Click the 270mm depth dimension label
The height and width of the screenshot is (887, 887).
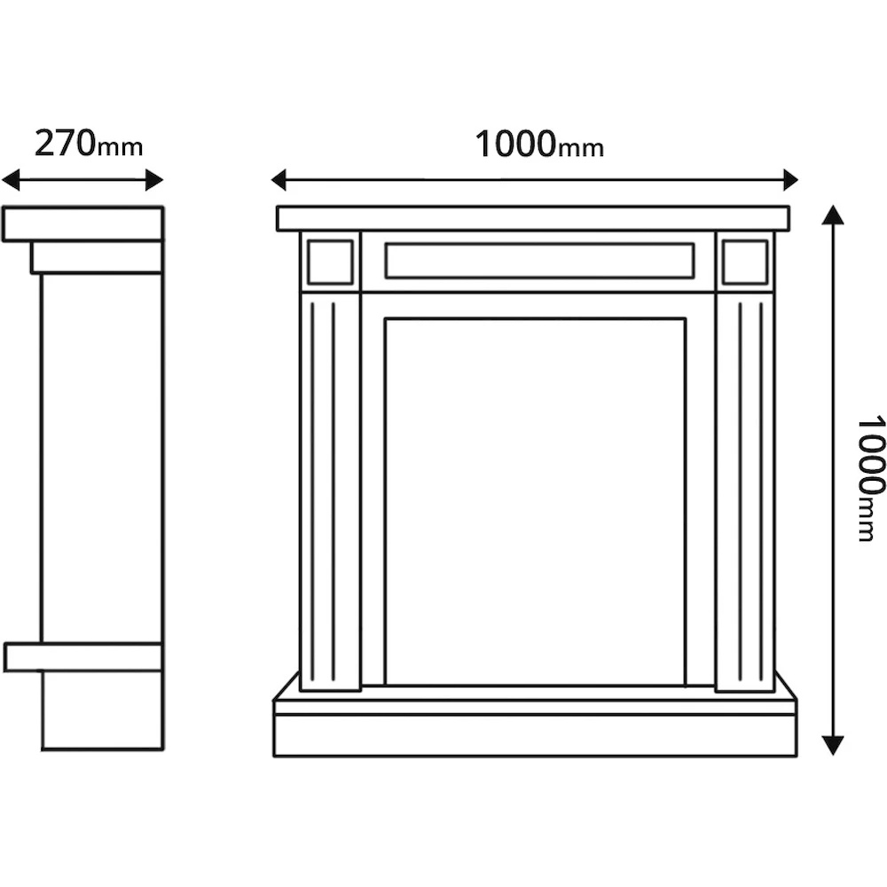pos(88,143)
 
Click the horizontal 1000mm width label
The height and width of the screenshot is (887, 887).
pos(539,144)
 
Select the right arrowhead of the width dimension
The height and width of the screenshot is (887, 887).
pos(789,180)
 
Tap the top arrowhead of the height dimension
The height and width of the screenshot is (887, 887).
pos(832,215)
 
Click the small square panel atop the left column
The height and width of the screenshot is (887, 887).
pos(330,263)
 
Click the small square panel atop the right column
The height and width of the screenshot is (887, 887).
pos(745,263)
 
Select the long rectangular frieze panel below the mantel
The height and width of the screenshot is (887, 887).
pos(539,261)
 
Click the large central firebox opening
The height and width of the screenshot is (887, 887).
pos(535,501)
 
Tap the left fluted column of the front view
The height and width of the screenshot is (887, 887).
pos(330,492)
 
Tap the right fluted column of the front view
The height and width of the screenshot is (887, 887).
pos(745,492)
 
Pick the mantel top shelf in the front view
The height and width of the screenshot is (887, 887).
pos(532,218)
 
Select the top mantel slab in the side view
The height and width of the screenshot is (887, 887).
pos(82,224)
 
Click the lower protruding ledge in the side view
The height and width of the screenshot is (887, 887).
pos(82,657)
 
